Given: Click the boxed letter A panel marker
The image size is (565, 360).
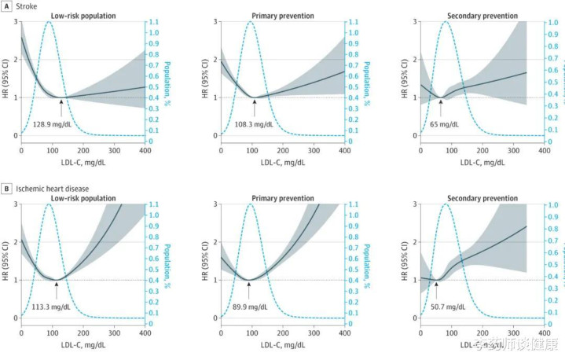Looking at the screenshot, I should [x=6, y=5].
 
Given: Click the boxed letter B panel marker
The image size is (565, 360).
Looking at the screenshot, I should [x=6, y=189].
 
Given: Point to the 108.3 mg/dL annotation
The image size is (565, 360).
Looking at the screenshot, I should [x=253, y=124].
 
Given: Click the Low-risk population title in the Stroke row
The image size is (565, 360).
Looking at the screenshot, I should [x=83, y=15].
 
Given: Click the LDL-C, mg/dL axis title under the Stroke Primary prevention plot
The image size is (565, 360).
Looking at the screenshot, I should [x=282, y=162].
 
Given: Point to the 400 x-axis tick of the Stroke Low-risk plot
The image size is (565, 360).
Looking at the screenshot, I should [x=145, y=149].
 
